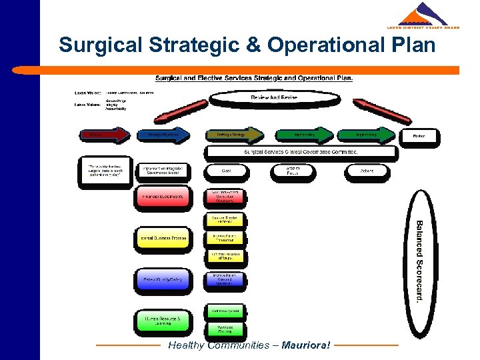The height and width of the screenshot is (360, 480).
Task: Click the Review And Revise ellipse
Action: pos(273,98)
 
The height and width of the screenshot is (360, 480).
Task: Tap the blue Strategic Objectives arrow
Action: pos(161,135)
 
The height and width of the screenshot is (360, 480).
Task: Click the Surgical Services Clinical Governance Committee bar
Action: pos(301,152)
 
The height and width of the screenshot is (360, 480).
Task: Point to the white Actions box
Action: pos(366,171)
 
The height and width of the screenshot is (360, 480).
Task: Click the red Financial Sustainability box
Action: pos(162,197)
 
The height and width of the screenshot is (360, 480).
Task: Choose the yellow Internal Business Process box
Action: pos(162,238)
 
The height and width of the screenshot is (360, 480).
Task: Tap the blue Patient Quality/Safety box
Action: pos(162,279)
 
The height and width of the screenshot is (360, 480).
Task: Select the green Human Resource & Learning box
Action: pos(162,321)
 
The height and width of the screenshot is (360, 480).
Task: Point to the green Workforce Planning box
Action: pos(225,329)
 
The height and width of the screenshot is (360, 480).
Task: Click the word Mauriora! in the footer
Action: pos(306,345)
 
